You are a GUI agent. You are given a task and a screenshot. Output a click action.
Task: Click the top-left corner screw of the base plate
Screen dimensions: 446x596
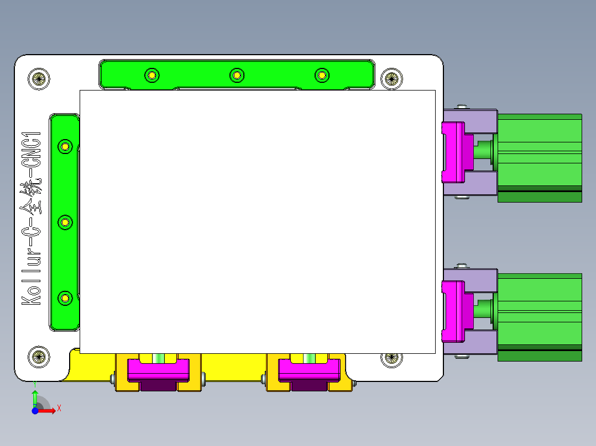click(x=39, y=78)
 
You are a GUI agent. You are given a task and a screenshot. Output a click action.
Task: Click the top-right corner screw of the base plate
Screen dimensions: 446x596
click(x=392, y=78)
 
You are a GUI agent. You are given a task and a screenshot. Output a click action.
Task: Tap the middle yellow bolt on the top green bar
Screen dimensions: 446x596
click(x=237, y=75)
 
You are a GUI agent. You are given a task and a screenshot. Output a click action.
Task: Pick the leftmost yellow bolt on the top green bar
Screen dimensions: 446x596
click(x=151, y=75)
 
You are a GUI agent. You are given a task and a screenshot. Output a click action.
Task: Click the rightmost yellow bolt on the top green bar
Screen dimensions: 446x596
click(x=321, y=75)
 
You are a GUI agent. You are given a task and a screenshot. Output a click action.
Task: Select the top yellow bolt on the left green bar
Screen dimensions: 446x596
click(x=65, y=146)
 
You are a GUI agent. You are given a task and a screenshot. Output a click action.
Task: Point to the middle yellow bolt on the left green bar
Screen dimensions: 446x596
click(x=65, y=222)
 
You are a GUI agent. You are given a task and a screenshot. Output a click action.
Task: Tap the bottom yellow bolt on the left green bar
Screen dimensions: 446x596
click(x=65, y=298)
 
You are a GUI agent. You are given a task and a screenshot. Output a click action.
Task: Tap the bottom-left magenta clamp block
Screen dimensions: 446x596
click(x=158, y=370)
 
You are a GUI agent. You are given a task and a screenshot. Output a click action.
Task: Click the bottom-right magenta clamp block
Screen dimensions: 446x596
click(x=309, y=370)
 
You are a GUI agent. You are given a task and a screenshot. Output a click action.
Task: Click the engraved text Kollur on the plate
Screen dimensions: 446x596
click(x=32, y=276)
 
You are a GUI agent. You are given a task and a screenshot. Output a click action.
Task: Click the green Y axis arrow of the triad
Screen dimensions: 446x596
click(x=35, y=397)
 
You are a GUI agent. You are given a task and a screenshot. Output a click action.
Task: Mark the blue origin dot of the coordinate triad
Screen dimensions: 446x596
click(x=35, y=411)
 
